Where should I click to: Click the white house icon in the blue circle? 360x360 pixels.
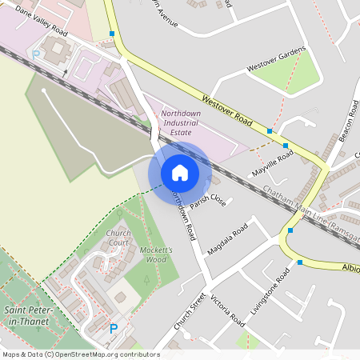coord(180,173)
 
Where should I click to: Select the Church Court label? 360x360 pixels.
coord(118,238)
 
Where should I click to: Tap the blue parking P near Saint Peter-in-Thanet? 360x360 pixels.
coord(113,328)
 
